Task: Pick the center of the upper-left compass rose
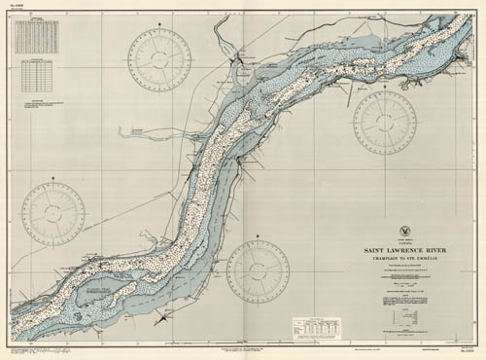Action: (162, 59)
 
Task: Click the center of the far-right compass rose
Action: (385, 123)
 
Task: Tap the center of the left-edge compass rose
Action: (52, 213)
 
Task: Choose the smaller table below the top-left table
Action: (39, 74)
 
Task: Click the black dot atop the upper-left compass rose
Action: (162, 27)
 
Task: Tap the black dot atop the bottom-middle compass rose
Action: (258, 237)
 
